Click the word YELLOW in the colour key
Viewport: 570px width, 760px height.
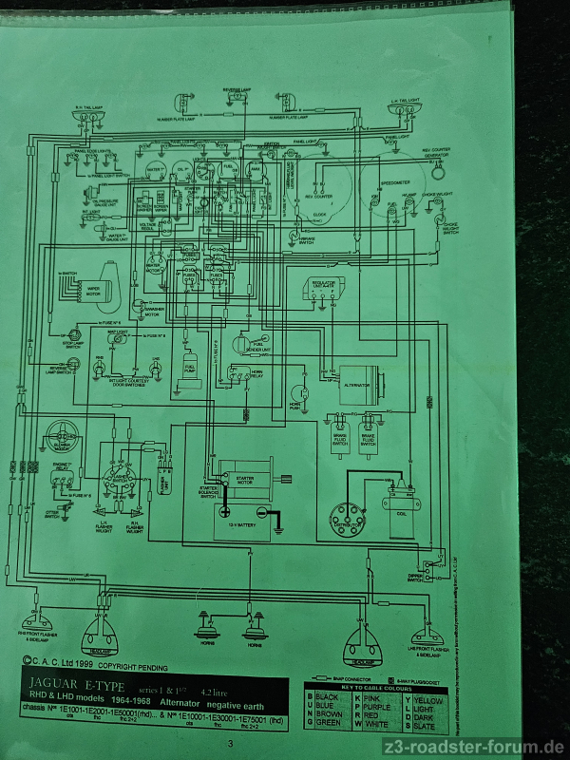[x=427, y=700]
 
